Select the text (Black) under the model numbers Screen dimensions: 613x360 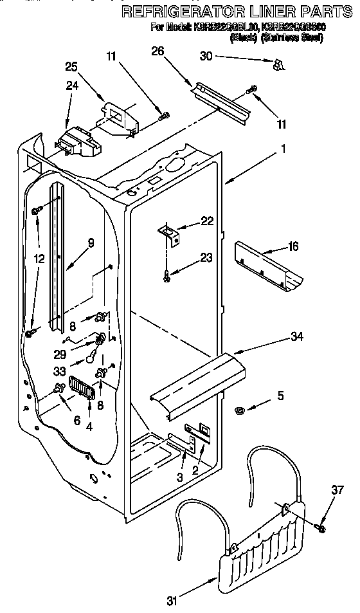(243, 38)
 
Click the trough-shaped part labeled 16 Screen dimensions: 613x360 (269, 263)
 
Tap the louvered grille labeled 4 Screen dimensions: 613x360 (82, 388)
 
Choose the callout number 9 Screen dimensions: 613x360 (91, 243)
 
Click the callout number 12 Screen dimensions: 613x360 (40, 259)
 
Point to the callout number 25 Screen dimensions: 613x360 (71, 66)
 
